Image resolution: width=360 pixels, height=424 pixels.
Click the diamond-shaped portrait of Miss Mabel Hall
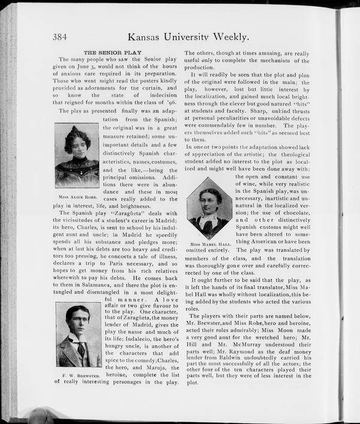[209, 210]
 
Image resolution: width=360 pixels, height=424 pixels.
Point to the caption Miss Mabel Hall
[210, 244]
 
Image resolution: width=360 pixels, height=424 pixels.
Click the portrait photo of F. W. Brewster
[79, 335]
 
